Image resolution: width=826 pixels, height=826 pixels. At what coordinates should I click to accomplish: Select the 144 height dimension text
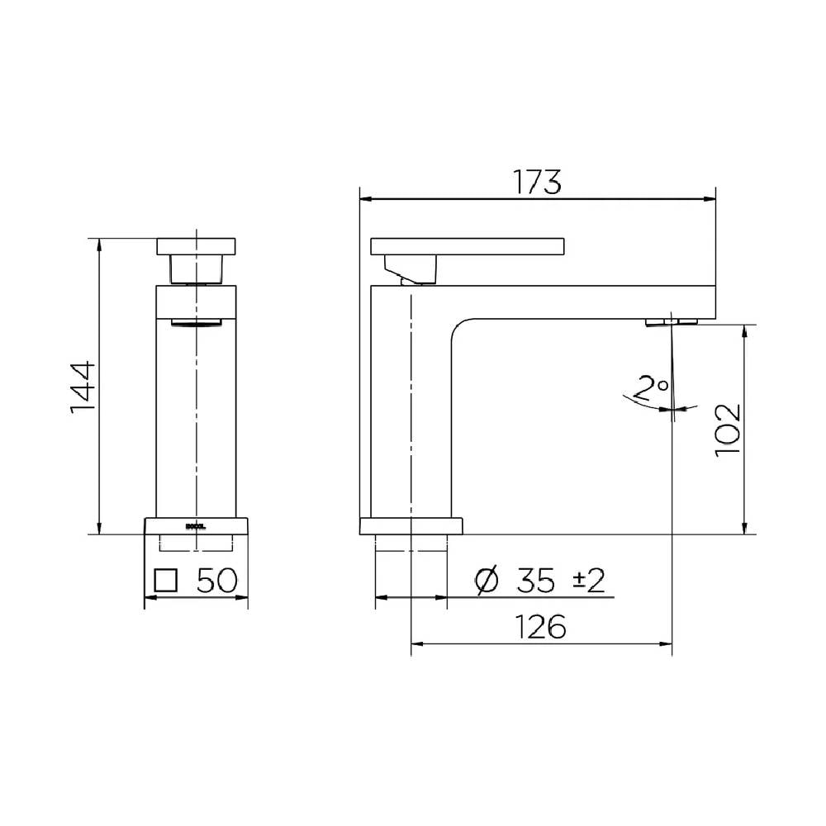click(x=83, y=387)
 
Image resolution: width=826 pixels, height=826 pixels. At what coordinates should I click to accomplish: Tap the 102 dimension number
click(x=727, y=430)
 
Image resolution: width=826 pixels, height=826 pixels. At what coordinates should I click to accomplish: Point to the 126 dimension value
click(x=543, y=627)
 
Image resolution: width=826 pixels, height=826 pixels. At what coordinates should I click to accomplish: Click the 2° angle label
click(x=652, y=386)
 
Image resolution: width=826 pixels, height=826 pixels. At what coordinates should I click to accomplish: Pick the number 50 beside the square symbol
click(x=217, y=580)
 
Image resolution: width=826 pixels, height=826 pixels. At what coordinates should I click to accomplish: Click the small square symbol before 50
click(x=167, y=580)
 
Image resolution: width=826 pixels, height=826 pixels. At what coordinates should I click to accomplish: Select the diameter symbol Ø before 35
click(x=488, y=581)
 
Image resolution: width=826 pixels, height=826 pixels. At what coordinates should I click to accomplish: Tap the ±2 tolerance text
click(x=590, y=581)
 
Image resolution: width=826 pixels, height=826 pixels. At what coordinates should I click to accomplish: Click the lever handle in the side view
click(x=468, y=245)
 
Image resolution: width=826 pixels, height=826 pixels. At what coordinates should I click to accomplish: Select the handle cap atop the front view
click(x=197, y=246)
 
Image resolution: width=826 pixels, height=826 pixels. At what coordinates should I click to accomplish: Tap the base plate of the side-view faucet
click(x=411, y=526)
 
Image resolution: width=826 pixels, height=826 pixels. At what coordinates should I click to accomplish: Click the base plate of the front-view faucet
click(x=197, y=526)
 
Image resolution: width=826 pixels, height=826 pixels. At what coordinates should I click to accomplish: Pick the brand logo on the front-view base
click(x=196, y=524)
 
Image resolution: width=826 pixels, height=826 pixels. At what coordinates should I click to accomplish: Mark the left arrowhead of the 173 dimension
click(x=364, y=198)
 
